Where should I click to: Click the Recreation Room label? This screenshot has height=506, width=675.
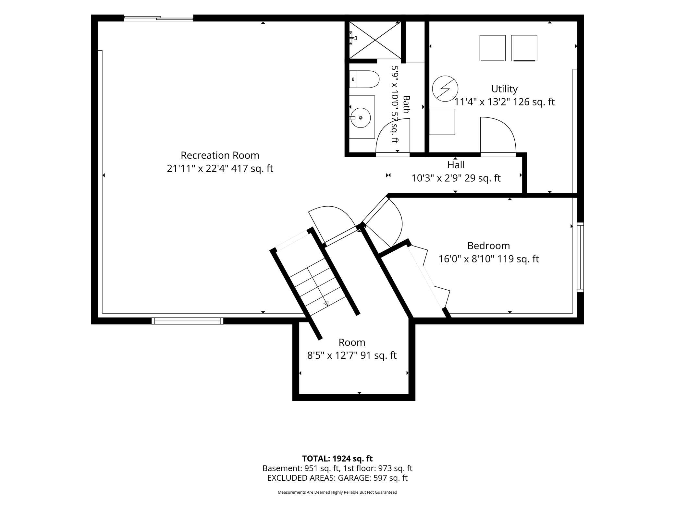point(220,155)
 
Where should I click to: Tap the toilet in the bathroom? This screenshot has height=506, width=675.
point(364,79)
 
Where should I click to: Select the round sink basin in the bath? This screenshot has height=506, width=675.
point(361,118)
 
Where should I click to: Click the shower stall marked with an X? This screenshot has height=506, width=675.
point(375,40)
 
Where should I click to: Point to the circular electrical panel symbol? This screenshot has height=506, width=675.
point(445,89)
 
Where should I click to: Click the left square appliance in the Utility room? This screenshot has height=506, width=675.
point(493,48)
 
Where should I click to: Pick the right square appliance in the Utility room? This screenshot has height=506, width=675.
point(524,48)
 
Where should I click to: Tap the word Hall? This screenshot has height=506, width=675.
point(456,165)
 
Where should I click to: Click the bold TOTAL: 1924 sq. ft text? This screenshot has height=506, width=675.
point(337,459)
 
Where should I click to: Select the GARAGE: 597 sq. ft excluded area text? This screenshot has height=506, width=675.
point(373,478)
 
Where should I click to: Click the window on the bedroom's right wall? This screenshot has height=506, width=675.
point(580,257)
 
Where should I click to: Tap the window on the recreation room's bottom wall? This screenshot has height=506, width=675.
point(188,321)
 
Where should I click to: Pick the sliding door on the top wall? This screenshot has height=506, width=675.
point(159,18)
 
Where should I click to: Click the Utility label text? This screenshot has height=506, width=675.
point(504,89)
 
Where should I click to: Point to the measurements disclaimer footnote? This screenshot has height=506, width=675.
point(337,492)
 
